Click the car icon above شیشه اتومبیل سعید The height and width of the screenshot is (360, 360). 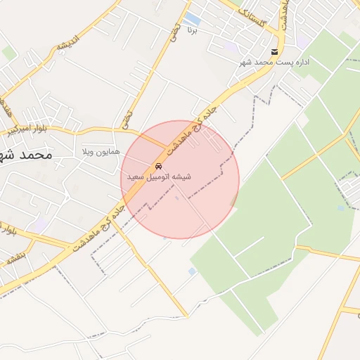(x=159, y=167)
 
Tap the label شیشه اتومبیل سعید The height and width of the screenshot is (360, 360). (x=159, y=177)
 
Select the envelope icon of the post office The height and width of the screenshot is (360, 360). (x=274, y=53)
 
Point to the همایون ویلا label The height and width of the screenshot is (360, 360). (x=101, y=151)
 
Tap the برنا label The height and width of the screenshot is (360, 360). (x=193, y=30)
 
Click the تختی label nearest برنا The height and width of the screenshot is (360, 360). (x=174, y=30)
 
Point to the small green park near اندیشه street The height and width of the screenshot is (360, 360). (x=8, y=53)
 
